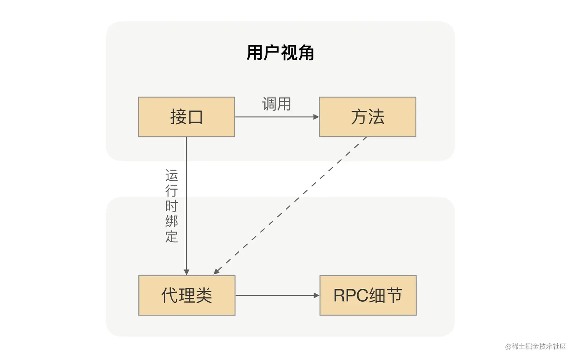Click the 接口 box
click(186, 117)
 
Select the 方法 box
click(368, 117)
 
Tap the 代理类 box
click(187, 296)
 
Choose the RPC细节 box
click(368, 296)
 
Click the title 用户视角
click(280, 53)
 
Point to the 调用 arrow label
click(277, 104)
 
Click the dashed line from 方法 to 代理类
click(290, 205)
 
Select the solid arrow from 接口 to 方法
click(277, 117)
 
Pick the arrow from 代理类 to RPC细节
click(277, 296)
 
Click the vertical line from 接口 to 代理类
click(186, 206)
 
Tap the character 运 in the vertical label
click(171, 176)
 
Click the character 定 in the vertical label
click(171, 236)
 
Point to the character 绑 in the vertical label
click(171, 221)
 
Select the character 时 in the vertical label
click(171, 206)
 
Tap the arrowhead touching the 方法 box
click(316, 117)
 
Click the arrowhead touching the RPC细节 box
click(317, 296)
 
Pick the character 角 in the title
click(306, 53)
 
